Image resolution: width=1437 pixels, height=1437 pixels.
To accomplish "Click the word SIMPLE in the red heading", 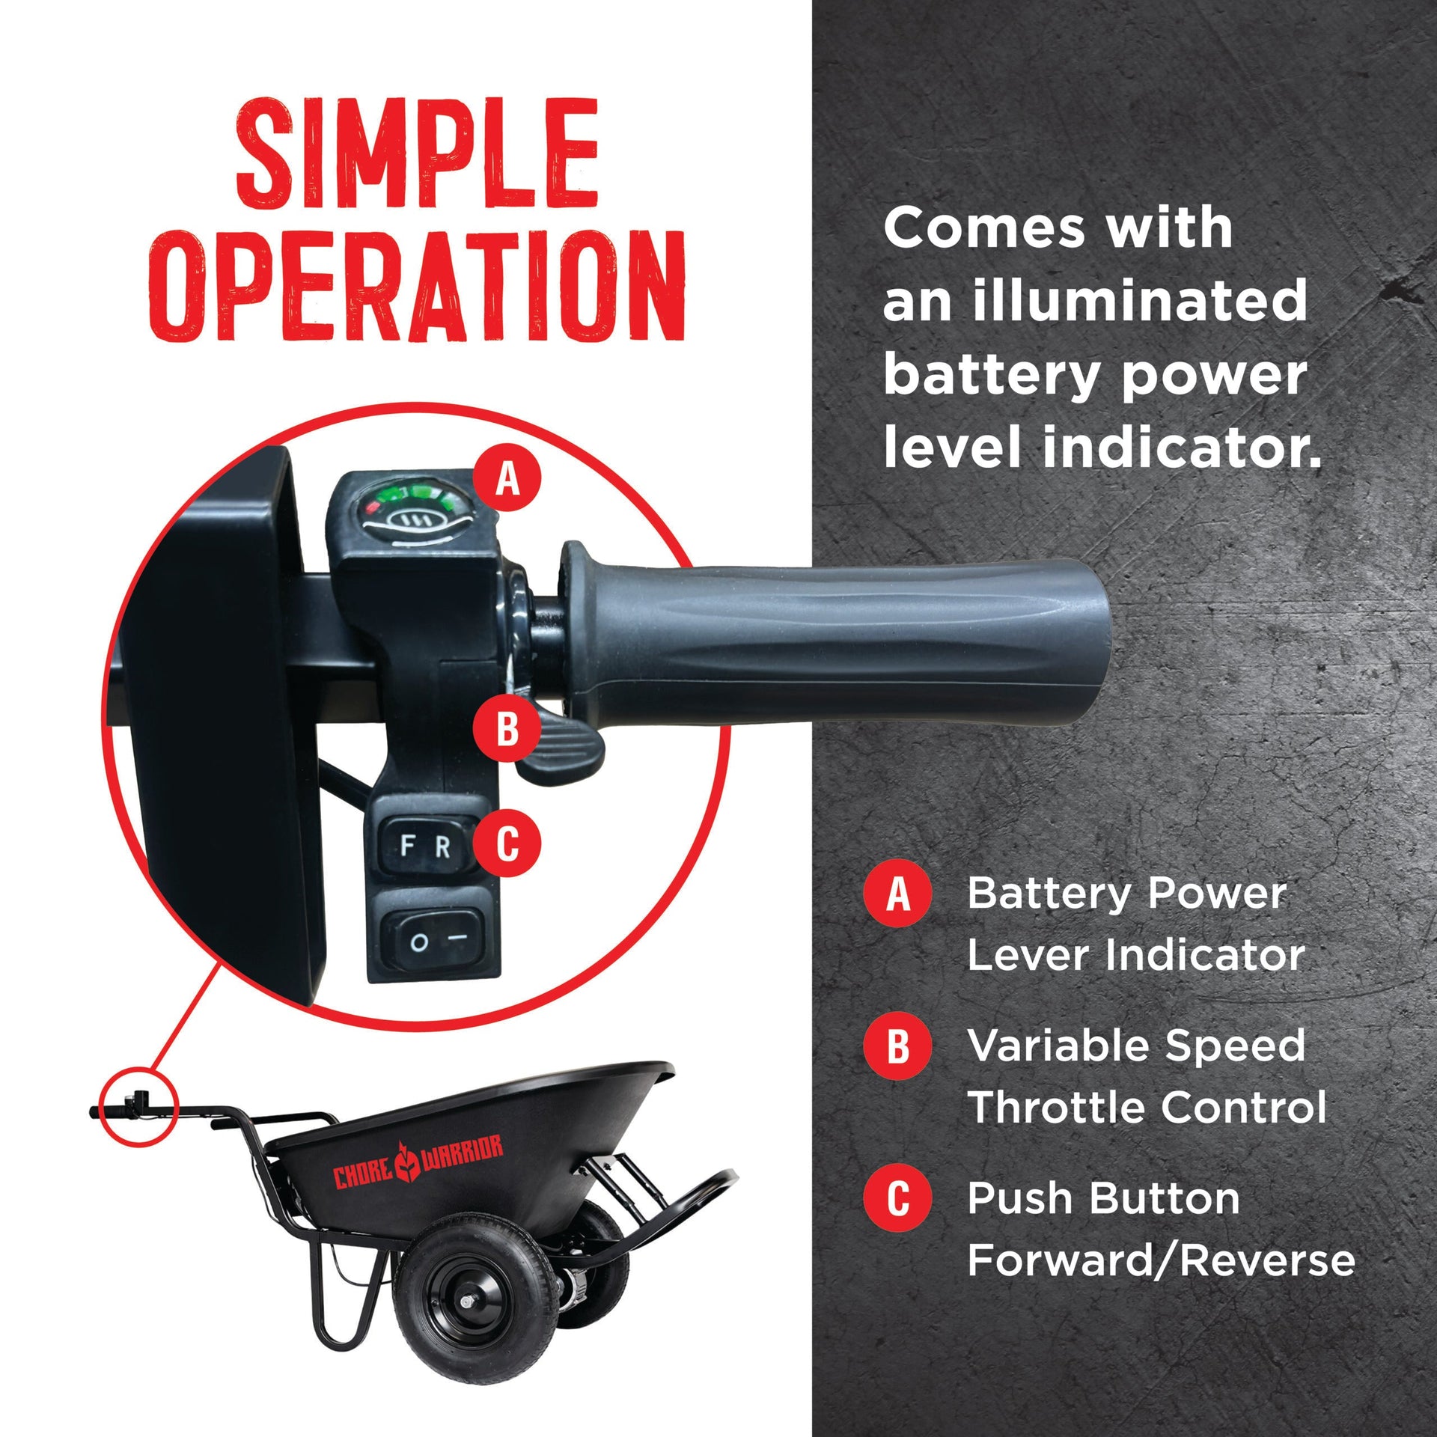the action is tap(417, 153).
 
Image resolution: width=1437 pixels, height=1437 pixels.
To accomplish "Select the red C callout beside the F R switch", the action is tap(507, 843).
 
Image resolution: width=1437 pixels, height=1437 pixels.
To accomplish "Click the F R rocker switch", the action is tap(425, 846).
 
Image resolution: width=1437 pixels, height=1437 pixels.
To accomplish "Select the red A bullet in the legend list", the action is tap(898, 894).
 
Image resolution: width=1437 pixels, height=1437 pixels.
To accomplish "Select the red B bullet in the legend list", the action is tap(898, 1046).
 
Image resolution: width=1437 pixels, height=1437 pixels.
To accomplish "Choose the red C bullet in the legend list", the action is tap(898, 1199).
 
